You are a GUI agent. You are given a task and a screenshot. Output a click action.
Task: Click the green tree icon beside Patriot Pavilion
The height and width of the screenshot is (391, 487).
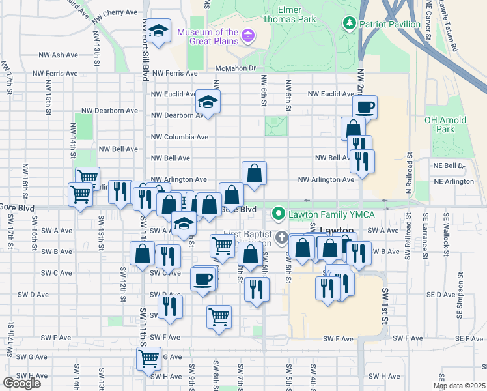click(x=350, y=24)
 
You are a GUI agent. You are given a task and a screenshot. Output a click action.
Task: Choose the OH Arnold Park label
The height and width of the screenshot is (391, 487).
click(x=445, y=124)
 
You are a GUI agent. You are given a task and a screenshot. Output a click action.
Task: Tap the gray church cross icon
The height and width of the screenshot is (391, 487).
click(x=282, y=237)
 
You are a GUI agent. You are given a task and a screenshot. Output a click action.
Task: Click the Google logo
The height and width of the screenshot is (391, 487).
click(x=21, y=383)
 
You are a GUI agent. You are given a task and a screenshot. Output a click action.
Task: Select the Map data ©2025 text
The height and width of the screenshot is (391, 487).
click(x=459, y=386)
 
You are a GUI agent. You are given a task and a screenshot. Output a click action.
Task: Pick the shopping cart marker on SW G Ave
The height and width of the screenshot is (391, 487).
click(x=148, y=357)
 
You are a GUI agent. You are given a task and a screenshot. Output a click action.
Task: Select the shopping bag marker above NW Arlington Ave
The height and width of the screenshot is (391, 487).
click(x=254, y=173)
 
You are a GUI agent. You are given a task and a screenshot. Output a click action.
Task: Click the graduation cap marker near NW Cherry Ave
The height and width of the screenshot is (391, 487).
click(x=158, y=30)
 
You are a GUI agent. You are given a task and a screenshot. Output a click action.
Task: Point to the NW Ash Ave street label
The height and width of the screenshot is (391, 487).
click(x=59, y=55)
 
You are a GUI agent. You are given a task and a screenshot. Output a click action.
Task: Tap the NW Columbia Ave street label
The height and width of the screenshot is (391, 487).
click(x=180, y=138)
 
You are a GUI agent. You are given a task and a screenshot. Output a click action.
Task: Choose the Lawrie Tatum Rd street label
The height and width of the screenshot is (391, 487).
click(x=454, y=27)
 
